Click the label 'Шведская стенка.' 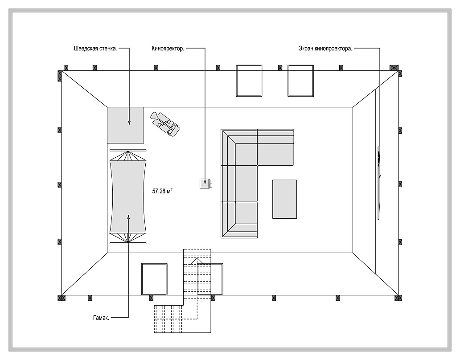pos(95,49)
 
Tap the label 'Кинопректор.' pos(168,49)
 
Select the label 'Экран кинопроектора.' pos(325,49)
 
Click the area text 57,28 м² pos(162,191)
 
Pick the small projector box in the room pos(205,183)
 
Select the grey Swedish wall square pos(125,125)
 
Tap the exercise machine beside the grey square pos(166,123)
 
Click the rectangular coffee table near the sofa pos(284,199)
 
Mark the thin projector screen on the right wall pos(378,183)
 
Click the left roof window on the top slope pos(249,81)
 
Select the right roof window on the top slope pos(301,81)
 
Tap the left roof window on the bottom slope pos(154,279)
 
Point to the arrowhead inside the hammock pos(128,217)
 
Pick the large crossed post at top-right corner pos(394,68)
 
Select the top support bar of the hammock pos(128,150)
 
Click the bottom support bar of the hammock pos(128,243)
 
